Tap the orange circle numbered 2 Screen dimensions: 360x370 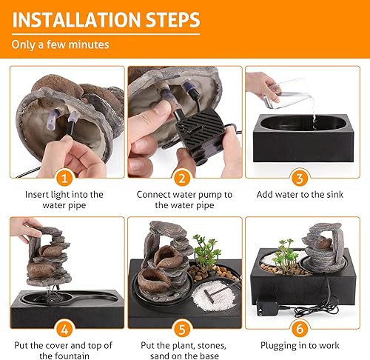184,178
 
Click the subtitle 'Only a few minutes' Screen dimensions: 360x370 60,44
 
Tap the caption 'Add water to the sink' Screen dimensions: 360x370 304,195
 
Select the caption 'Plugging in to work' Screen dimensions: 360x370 304,344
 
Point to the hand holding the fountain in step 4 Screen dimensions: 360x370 25,230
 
